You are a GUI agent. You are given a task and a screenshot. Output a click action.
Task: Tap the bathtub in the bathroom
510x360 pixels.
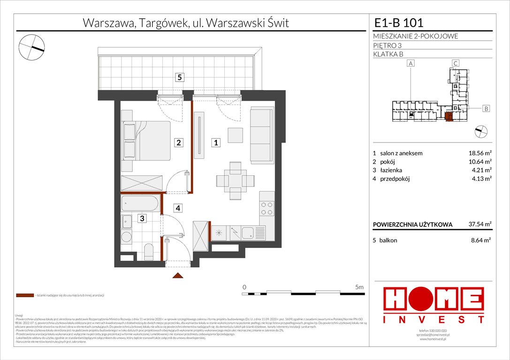coord(141,204)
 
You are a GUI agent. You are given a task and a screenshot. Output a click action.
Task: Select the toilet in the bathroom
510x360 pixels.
coord(147,252)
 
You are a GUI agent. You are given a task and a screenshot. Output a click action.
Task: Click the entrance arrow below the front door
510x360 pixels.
coord(178,276)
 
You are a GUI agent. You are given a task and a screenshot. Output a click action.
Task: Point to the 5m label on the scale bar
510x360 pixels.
coord(359,286)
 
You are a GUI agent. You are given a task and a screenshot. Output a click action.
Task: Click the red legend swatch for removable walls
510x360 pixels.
coord(24,296)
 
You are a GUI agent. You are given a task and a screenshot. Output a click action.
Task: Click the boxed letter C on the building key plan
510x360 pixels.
coord(455,63)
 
